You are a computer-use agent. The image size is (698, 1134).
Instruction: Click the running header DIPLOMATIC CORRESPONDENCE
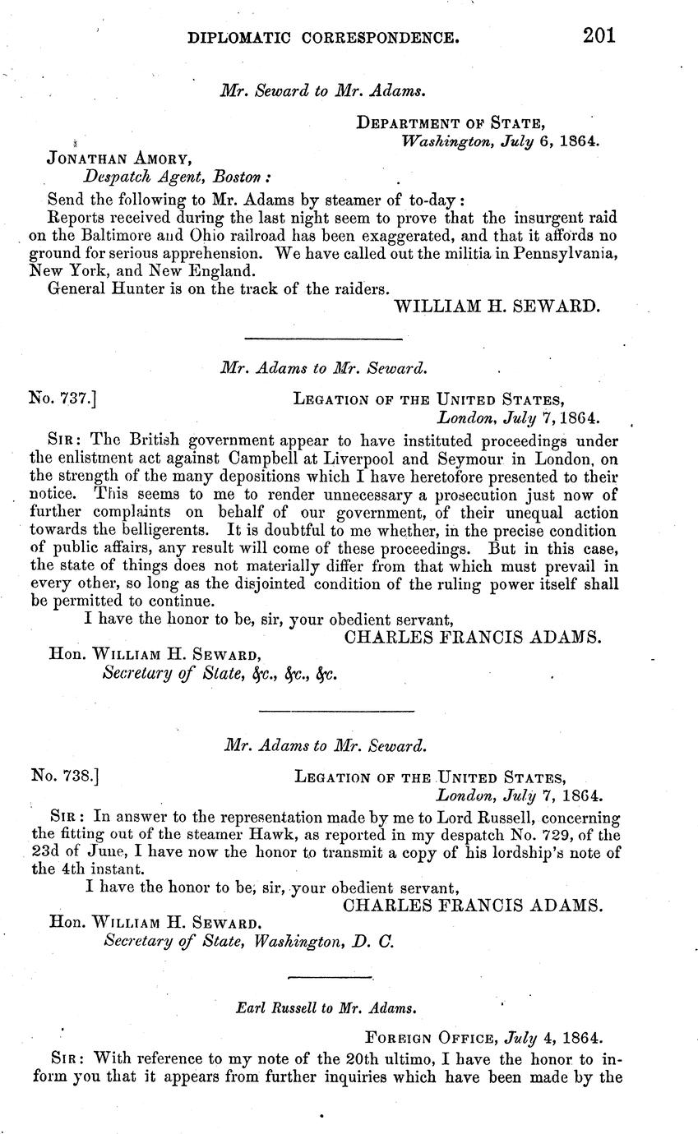coord(323,37)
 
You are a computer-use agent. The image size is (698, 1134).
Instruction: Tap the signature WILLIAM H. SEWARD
coord(498,307)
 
